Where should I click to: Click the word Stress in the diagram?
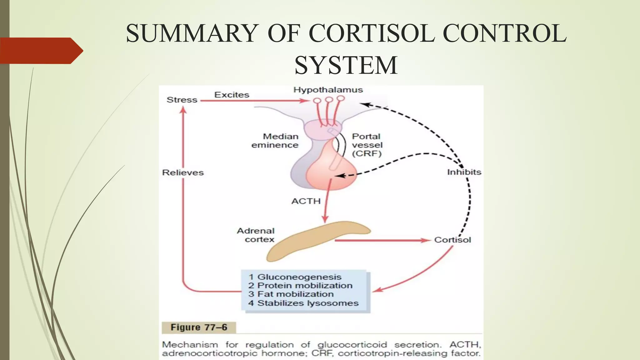coord(182,100)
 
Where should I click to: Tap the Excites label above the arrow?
coord(232,95)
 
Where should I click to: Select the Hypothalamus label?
coord(328,90)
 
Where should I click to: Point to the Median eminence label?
coord(275,141)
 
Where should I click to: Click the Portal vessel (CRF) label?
coord(367,145)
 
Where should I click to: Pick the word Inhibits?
coord(464,172)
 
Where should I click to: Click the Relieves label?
coord(183,172)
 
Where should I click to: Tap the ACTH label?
coord(306,201)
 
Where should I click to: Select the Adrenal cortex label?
coord(256,235)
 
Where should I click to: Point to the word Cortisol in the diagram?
coord(452,240)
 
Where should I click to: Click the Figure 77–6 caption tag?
coord(199,327)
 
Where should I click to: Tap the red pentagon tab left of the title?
coord(41,51)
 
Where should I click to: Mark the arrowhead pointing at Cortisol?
coord(426,240)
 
